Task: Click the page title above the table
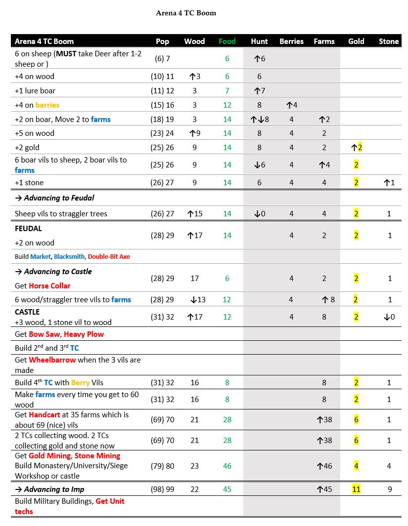(x=186, y=13)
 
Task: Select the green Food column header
(x=227, y=41)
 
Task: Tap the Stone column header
(x=389, y=41)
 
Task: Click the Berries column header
(x=291, y=41)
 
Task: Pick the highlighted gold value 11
(x=356, y=489)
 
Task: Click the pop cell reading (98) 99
(x=162, y=489)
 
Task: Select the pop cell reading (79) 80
(x=162, y=466)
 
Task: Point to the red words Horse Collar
(x=49, y=285)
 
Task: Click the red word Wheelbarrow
(x=50, y=360)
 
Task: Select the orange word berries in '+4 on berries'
(x=47, y=105)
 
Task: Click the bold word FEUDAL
(x=28, y=228)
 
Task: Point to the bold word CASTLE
(x=27, y=312)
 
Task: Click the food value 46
(x=227, y=466)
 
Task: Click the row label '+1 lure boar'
(x=35, y=90)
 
